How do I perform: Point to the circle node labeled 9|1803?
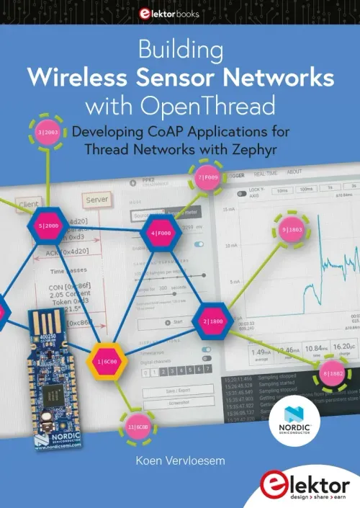tap(294, 230)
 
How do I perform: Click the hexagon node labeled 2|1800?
tap(215, 321)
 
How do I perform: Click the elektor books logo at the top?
tap(179, 14)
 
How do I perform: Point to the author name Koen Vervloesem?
tap(179, 458)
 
